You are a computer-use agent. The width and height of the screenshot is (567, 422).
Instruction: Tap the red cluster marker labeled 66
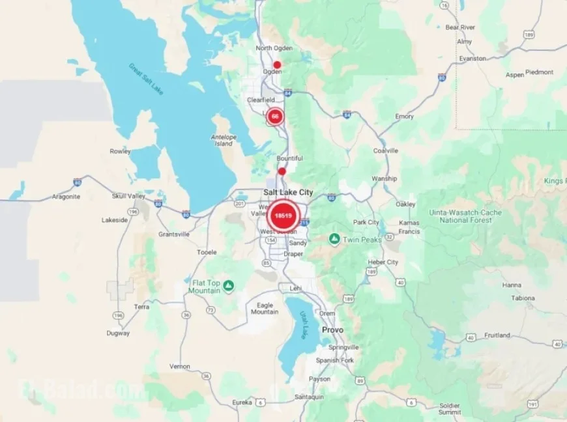click(275, 117)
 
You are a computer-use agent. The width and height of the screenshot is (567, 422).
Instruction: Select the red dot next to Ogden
click(277, 64)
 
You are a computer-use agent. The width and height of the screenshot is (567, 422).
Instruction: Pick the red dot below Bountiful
click(282, 171)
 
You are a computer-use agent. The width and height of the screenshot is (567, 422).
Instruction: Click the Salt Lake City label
click(287, 192)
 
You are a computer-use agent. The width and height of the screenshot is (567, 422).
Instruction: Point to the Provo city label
click(332, 330)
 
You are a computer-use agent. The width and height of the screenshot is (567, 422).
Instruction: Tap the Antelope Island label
click(224, 140)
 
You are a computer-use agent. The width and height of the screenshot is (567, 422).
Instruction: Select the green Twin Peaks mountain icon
click(334, 239)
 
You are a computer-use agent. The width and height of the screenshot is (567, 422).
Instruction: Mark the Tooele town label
click(207, 252)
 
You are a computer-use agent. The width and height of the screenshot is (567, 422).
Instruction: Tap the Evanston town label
click(472, 59)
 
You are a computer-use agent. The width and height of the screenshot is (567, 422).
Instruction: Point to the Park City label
click(366, 222)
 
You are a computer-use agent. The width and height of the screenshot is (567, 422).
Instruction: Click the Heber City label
click(383, 262)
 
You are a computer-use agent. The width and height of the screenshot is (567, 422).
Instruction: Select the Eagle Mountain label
click(265, 308)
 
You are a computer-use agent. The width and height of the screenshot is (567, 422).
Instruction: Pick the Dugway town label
click(118, 333)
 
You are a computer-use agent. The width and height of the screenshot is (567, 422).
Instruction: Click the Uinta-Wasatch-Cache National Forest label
click(465, 216)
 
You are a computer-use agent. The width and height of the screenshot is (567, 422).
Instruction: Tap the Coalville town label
click(385, 150)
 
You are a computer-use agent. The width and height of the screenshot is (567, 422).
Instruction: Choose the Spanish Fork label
click(335, 360)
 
